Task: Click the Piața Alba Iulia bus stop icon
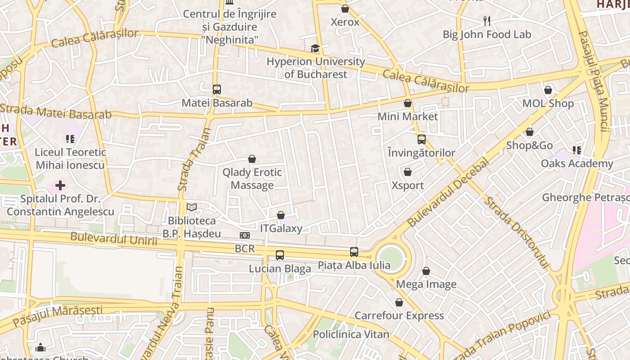click(x=354, y=252)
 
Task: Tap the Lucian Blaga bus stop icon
click(x=280, y=255)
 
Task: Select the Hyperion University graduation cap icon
click(x=315, y=48)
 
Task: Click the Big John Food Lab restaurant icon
click(x=486, y=21)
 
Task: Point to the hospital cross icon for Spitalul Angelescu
click(x=60, y=185)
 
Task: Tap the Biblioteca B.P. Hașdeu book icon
click(x=192, y=207)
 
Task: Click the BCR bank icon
click(x=245, y=235)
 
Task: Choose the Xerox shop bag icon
click(x=345, y=9)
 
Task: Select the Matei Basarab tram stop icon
click(x=217, y=90)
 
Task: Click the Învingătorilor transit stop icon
click(x=422, y=139)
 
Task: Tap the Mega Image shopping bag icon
click(x=426, y=271)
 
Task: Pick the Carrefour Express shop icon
click(x=399, y=302)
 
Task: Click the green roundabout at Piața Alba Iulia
click(x=391, y=257)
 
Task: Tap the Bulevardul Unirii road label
click(x=114, y=239)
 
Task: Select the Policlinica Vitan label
click(x=351, y=334)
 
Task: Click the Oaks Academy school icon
click(x=577, y=150)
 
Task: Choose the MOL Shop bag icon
click(x=548, y=90)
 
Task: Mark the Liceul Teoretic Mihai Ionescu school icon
click(x=70, y=139)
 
